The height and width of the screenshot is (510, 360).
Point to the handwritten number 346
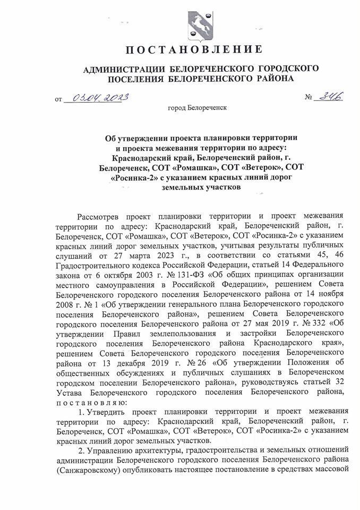click(x=329, y=97)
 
